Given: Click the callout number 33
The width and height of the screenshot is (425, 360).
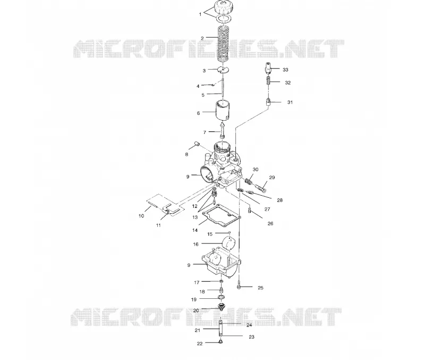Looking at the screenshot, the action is pyautogui.click(x=285, y=70).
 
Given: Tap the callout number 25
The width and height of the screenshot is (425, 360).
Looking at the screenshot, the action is pyautogui.click(x=260, y=288).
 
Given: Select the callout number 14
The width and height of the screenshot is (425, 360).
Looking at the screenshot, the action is pyautogui.click(x=195, y=230).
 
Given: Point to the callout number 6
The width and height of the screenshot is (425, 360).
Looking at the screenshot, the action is pyautogui.click(x=198, y=113).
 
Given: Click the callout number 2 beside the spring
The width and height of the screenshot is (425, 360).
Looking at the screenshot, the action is pyautogui.click(x=202, y=38).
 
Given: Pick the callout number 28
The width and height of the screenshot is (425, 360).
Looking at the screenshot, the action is pyautogui.click(x=280, y=200).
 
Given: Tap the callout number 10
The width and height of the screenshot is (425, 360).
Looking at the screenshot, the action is pyautogui.click(x=141, y=216).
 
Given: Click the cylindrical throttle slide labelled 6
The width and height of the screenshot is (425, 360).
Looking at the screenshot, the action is pyautogui.click(x=223, y=111).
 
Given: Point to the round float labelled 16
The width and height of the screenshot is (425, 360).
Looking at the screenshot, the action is pyautogui.click(x=229, y=243).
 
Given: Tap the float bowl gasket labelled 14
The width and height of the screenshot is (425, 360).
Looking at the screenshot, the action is pyautogui.click(x=222, y=216).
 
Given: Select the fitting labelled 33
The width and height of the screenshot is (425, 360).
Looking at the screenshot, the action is pyautogui.click(x=268, y=68).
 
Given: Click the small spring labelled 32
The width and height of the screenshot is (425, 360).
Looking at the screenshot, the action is pyautogui.click(x=268, y=80).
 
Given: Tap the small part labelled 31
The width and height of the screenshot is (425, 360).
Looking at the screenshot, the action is pyautogui.click(x=268, y=103).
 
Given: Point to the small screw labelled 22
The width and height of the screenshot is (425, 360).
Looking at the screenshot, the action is pyautogui.click(x=220, y=342).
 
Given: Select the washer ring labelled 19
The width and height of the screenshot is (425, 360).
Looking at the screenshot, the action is pyautogui.click(x=221, y=298).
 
